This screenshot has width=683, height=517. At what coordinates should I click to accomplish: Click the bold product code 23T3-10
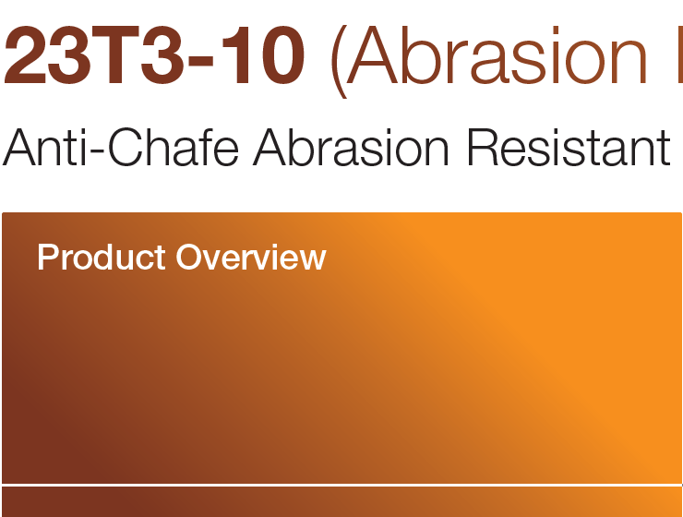point(154,57)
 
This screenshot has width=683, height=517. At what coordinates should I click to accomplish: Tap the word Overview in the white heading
point(251,257)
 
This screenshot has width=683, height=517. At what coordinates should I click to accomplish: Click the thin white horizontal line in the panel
point(341,485)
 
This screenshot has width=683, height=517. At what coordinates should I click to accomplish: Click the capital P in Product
point(46,257)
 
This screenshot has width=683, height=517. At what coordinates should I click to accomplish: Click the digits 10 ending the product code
point(269,57)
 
